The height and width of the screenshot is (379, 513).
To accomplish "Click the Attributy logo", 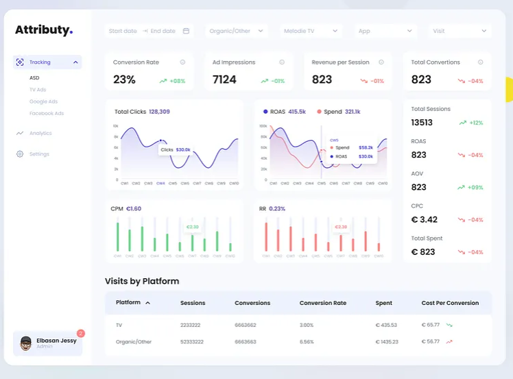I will click(43, 30).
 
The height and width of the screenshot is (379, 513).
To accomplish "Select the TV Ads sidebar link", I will click(38, 90).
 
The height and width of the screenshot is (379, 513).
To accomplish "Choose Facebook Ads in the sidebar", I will click(47, 113).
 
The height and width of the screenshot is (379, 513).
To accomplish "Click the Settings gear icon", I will click(20, 154).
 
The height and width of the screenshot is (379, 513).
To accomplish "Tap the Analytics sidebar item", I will click(40, 133).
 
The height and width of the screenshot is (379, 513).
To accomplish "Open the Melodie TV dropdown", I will click(311, 31).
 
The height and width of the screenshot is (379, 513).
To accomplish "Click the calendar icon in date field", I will click(186, 31).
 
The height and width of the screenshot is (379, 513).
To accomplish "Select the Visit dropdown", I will click(460, 31).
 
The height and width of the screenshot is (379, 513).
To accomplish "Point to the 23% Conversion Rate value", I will click(124, 80).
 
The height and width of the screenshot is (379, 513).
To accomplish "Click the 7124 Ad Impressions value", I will click(224, 80).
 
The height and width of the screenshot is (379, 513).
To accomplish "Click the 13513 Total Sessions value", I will click(422, 123).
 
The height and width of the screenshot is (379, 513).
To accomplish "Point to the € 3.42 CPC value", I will click(424, 219).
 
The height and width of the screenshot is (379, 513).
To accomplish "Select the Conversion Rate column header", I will click(322, 303).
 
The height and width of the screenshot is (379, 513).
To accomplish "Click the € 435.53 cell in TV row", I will click(386, 325).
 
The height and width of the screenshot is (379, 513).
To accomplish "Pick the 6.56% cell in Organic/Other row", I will click(307, 341).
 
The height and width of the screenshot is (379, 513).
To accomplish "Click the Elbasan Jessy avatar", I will click(26, 343).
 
